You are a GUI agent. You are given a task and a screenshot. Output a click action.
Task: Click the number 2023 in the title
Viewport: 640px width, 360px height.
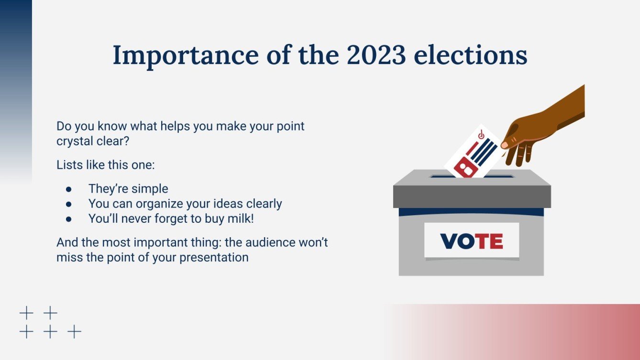pyautogui.click(x=376, y=55)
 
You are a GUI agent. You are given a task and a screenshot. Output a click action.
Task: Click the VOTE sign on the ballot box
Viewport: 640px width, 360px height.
pyautogui.click(x=471, y=241)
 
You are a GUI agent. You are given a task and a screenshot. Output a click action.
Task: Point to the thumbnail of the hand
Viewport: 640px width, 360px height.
pyautogui.click(x=505, y=145)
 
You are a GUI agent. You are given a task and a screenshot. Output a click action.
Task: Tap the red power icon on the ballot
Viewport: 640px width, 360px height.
pyautogui.click(x=481, y=136)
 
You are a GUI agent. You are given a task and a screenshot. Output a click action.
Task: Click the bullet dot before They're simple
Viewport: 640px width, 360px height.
pyautogui.click(x=69, y=189)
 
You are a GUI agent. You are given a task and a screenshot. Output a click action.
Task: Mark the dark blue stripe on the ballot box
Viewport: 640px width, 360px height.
pyautogui.click(x=471, y=212)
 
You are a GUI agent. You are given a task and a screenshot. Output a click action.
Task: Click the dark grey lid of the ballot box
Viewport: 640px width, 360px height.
pyautogui.click(x=471, y=196)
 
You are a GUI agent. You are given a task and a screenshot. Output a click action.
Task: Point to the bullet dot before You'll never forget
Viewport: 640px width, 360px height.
pyautogui.click(x=69, y=218)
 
